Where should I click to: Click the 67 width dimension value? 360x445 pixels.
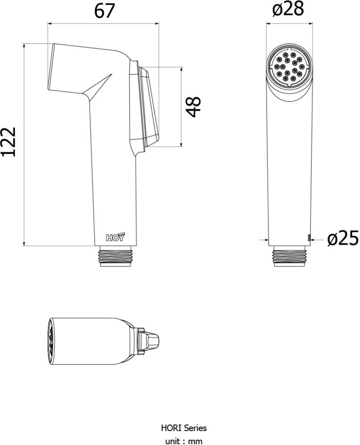104,11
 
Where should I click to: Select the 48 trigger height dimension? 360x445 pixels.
193,107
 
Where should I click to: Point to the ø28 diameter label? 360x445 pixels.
288,9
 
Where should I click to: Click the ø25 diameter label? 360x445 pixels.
343,238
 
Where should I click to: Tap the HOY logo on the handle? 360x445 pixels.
115,237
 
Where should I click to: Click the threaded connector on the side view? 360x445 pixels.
116,256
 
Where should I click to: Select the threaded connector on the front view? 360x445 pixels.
290,256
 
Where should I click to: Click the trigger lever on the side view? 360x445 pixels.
148,107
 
